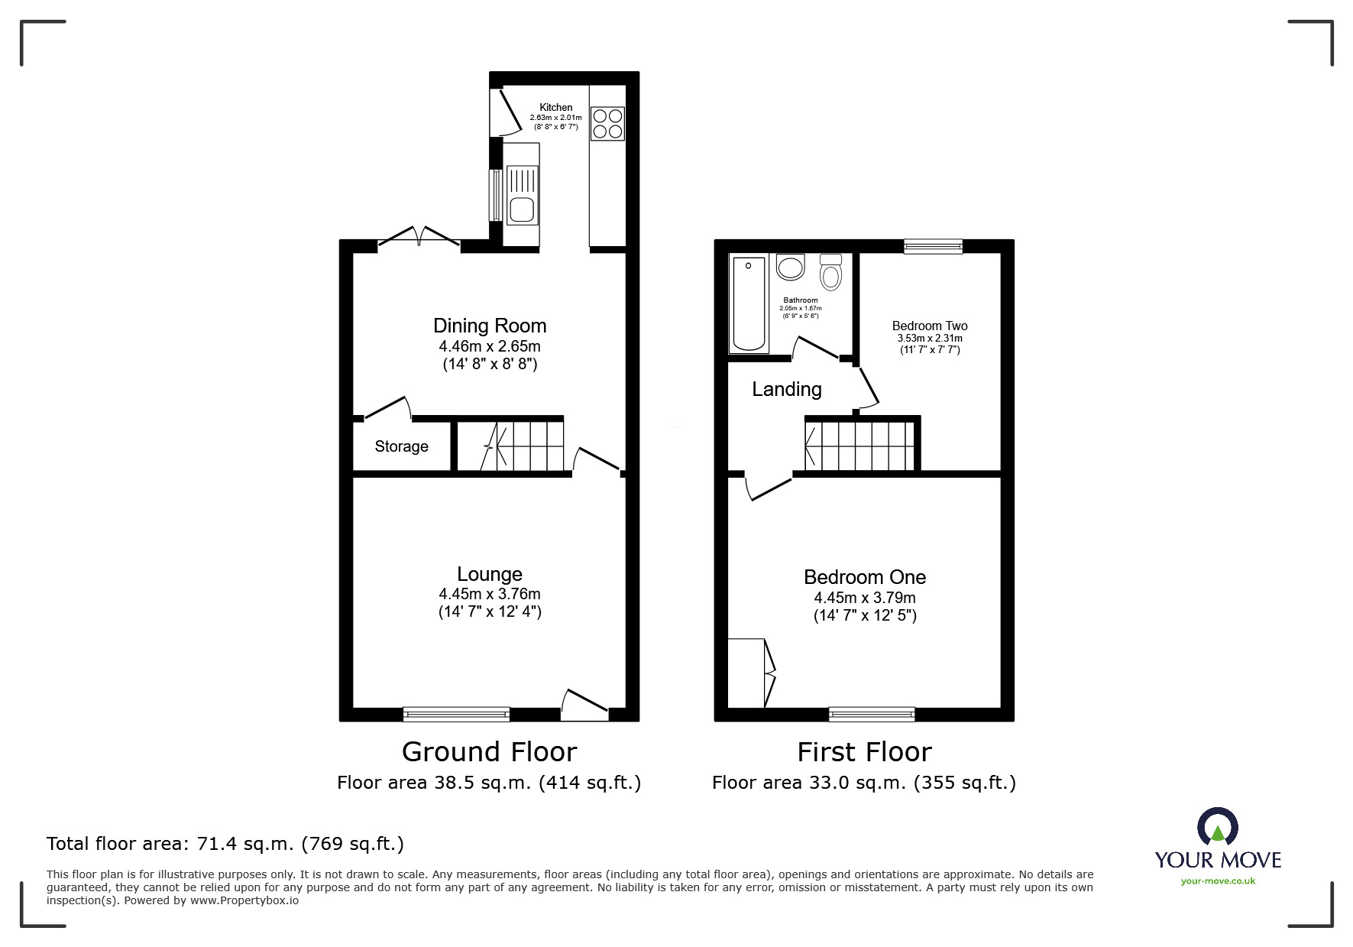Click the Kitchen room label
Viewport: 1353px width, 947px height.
(555, 108)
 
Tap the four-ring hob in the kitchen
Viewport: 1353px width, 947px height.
(607, 124)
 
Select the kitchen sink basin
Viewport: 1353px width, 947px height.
(523, 209)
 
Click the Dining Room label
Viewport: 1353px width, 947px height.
(490, 326)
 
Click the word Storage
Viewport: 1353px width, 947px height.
(401, 446)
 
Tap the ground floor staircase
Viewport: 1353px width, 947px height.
(523, 446)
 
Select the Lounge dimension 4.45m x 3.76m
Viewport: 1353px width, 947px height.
(490, 594)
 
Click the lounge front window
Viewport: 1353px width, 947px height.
(456, 714)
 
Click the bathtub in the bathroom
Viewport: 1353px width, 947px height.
(749, 304)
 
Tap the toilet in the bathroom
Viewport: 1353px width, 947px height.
(830, 272)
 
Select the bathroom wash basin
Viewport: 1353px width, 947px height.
(790, 268)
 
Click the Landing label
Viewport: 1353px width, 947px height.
(787, 389)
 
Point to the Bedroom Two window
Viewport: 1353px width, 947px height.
(933, 245)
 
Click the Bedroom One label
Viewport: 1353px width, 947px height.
(865, 577)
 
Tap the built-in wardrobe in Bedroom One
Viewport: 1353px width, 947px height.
(747, 673)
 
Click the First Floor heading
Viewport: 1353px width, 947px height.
(864, 752)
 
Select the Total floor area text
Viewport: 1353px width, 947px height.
(225, 844)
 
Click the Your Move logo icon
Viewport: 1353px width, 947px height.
(1217, 827)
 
